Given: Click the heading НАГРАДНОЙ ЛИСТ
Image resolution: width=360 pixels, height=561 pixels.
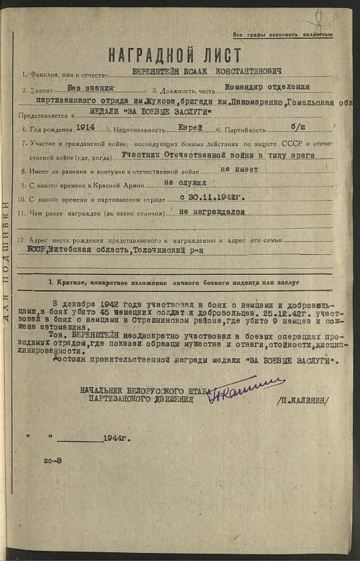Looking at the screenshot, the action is [x=175, y=55].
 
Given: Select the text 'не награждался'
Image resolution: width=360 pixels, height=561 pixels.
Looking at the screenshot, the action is [x=212, y=211].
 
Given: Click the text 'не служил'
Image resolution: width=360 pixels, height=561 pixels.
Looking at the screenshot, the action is [x=192, y=181].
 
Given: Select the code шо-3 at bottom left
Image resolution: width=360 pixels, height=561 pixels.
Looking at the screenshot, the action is [x=53, y=460].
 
